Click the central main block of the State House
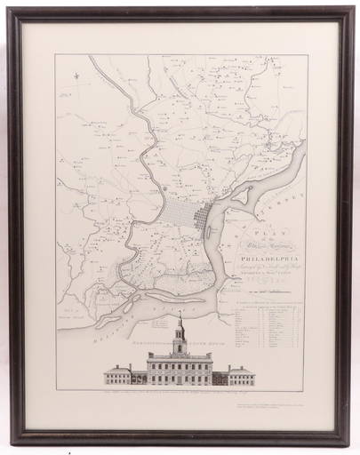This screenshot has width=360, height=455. [180, 366]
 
